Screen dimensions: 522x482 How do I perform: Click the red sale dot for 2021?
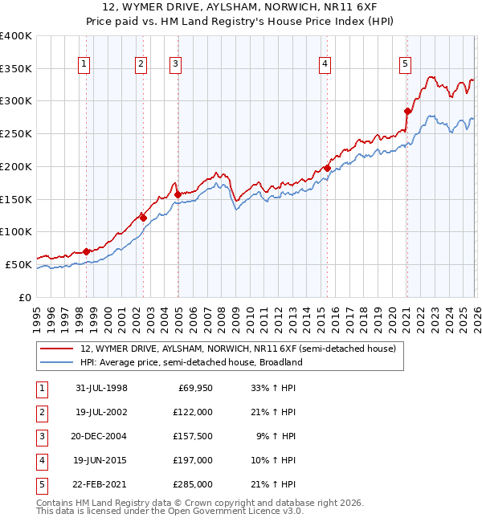pyautogui.click(x=407, y=112)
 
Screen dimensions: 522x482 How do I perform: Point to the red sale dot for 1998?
pyautogui.click(x=86, y=251)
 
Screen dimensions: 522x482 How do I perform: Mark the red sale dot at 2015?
pyautogui.click(x=327, y=169)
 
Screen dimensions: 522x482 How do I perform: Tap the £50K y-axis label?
pyautogui.click(x=18, y=264)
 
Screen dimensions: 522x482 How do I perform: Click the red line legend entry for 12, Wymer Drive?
pyautogui.click(x=238, y=349)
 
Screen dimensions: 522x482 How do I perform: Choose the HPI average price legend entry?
pyautogui.click(x=190, y=362)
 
